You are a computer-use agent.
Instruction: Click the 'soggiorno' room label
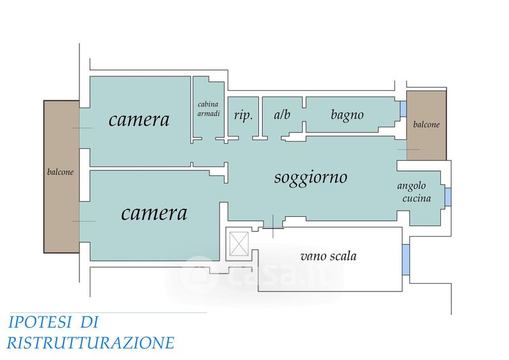tap(310, 178)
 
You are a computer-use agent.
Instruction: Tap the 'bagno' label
tap(347, 115)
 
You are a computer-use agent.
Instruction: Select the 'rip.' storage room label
tap(243, 115)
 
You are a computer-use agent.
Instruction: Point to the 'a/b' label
tap(282, 114)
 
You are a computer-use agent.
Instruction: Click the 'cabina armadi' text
tap(209, 109)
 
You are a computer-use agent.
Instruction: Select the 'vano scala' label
tap(328, 256)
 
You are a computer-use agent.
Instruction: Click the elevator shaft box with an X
tap(239, 244)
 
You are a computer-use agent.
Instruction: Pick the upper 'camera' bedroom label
tap(139, 120)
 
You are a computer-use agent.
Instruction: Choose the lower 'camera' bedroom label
tap(154, 213)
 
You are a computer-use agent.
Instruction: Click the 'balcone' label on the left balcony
tap(60, 172)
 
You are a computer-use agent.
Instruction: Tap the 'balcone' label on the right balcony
tap(426, 124)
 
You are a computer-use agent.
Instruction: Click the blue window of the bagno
tap(403, 109)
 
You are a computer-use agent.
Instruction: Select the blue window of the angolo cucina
tap(448, 197)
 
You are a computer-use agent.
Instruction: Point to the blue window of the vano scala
tap(405, 260)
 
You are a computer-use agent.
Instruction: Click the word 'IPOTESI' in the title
tap(39, 322)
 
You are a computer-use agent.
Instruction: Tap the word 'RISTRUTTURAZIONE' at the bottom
tap(90, 343)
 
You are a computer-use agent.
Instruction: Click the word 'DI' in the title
tap(88, 322)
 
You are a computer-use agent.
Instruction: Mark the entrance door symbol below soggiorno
tap(273, 226)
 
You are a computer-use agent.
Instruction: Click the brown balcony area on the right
tap(426, 125)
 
